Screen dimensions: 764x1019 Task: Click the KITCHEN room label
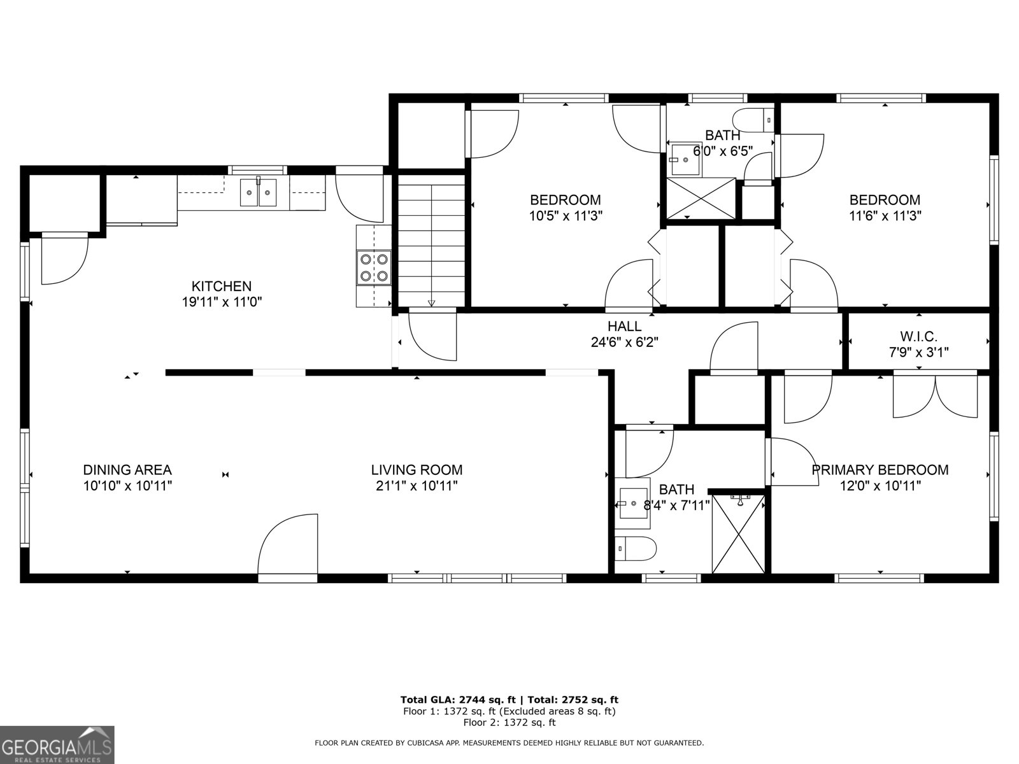(x=222, y=286)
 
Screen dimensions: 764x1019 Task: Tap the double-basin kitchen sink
(x=258, y=193)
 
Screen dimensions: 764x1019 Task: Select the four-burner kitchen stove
(x=373, y=267)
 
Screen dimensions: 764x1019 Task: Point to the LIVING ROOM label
(x=417, y=470)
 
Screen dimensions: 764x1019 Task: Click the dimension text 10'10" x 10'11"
(x=127, y=486)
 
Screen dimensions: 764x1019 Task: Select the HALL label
(x=624, y=326)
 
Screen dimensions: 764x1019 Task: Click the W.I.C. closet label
(x=918, y=336)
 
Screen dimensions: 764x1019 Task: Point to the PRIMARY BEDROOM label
(x=880, y=470)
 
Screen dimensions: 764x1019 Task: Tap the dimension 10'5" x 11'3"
(x=566, y=216)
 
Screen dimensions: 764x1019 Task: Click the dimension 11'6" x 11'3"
(x=885, y=216)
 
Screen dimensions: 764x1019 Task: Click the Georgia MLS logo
(x=57, y=744)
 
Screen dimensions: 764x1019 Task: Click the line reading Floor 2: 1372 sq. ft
(x=509, y=723)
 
